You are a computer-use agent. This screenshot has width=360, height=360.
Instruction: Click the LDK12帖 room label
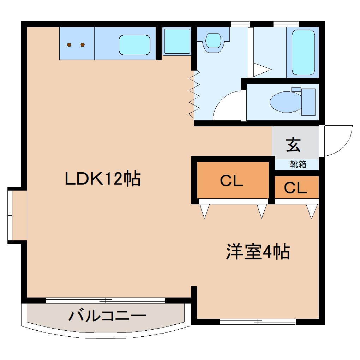point(103,178)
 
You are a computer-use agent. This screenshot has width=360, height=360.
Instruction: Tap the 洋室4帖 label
point(258,251)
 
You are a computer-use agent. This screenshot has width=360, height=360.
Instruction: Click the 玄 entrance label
point(293,145)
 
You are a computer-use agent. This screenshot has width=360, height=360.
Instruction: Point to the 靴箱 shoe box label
point(298,164)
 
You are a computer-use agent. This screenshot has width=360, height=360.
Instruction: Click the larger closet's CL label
point(232,181)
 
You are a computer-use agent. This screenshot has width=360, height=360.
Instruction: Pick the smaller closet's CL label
point(295,188)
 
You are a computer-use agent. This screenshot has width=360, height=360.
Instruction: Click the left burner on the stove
point(69,45)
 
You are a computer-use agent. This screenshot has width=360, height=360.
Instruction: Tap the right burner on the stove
point(83,45)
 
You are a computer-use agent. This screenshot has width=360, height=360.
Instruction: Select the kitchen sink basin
point(134,45)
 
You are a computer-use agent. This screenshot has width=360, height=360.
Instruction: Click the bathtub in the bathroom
point(303,52)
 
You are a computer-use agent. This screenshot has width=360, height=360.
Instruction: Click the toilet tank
point(308,102)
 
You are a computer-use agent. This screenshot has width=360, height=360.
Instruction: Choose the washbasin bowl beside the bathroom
point(213,41)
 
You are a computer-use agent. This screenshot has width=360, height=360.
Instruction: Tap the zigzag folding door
point(194,95)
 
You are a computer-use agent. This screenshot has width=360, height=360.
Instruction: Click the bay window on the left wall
point(10,215)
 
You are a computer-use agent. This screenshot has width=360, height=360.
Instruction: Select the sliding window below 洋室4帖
point(258,322)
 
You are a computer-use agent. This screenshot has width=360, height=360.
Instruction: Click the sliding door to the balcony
point(106,300)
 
